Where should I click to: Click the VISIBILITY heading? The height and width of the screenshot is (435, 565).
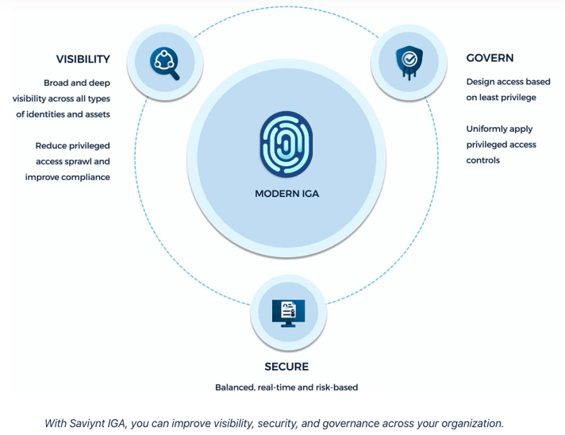tap(83, 59)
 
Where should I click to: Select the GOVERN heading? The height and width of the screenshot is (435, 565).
tap(490, 58)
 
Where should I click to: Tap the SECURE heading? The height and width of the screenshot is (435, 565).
tap(286, 367)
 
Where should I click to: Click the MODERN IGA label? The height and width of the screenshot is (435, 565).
tap(286, 194)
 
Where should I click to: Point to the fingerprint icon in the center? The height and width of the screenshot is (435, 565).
tap(286, 144)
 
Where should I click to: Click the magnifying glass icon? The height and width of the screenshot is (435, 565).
tap(165, 64)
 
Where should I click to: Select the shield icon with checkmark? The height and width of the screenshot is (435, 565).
tap(409, 62)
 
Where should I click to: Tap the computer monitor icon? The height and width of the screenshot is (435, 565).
tap(288, 313)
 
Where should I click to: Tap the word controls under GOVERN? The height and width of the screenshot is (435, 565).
tap(482, 160)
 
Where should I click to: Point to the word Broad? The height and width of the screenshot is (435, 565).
tap(56, 83)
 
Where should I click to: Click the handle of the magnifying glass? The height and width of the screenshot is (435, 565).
tap(175, 75)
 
